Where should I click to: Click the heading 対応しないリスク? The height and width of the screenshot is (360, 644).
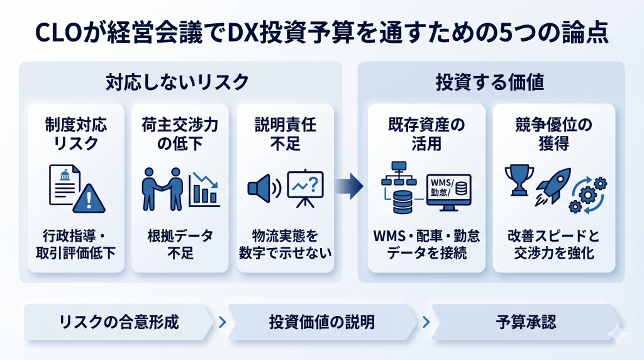[177, 82]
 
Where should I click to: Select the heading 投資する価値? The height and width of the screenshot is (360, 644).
[490, 82]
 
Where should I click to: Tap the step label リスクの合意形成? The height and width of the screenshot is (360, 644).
[119, 323]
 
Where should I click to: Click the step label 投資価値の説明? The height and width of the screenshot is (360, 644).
[322, 323]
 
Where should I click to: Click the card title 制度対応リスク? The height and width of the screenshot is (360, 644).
[72, 133]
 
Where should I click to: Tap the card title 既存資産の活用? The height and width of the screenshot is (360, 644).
[427, 133]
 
